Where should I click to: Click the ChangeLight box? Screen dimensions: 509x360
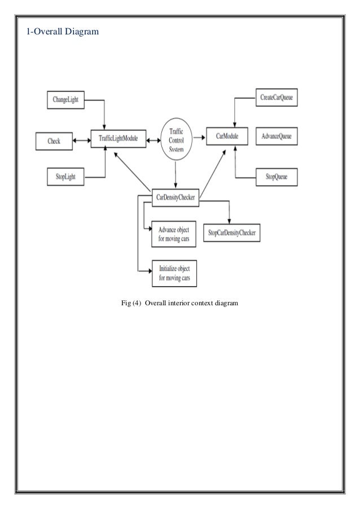(67, 100)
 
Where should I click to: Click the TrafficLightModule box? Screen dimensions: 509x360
(118, 139)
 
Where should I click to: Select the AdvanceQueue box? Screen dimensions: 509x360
(277, 137)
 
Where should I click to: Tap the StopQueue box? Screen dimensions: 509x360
(277, 177)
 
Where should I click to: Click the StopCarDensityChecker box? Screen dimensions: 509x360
(231, 232)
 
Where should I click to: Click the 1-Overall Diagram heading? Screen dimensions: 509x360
(63, 31)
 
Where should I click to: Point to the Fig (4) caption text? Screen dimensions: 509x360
(179, 304)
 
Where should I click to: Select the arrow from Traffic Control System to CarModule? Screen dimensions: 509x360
(199, 137)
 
